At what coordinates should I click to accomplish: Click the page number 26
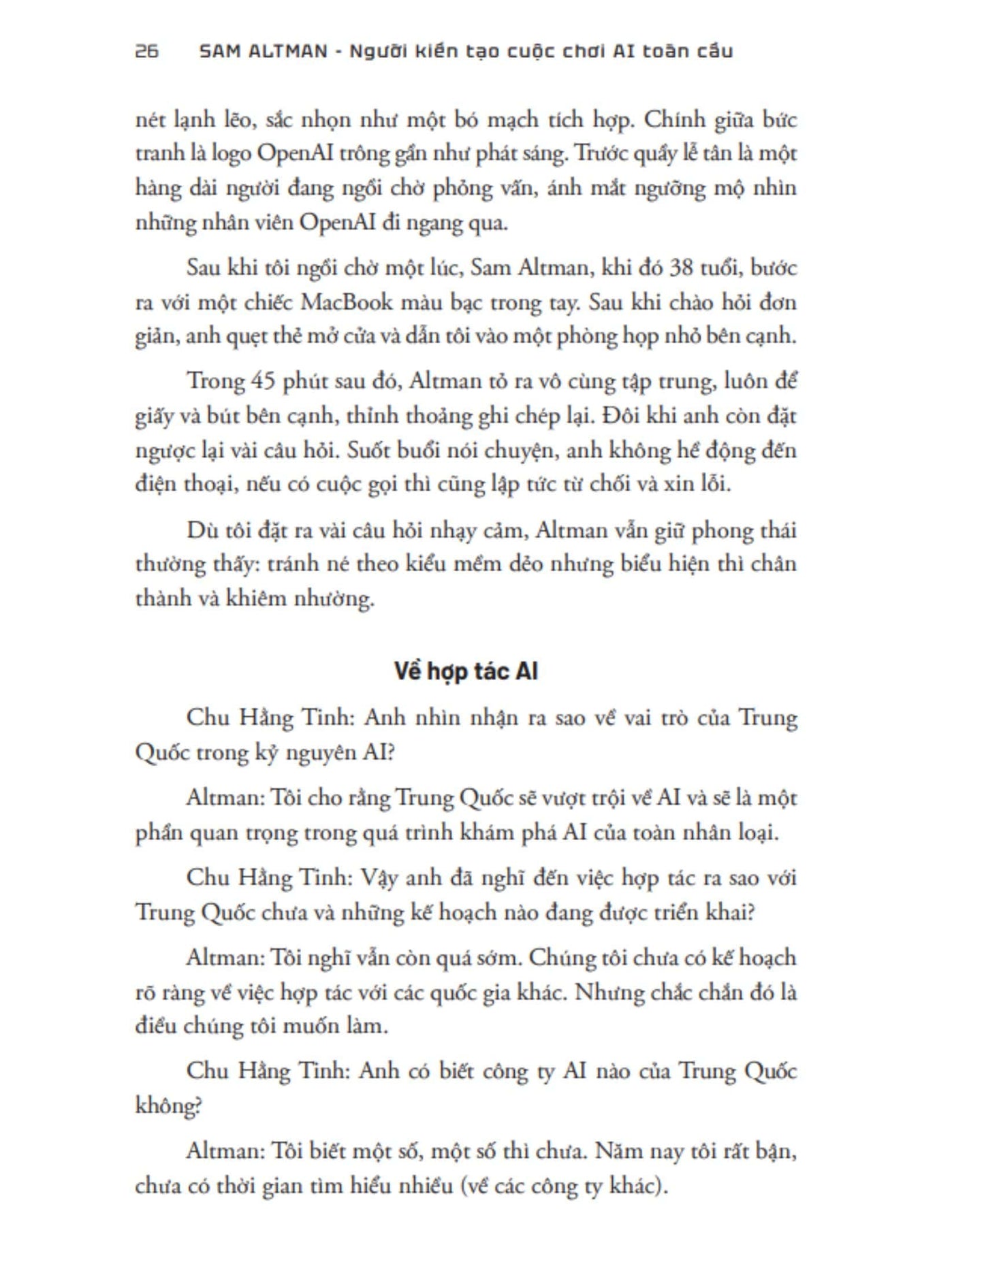click(146, 51)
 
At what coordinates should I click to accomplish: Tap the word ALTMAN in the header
click(286, 51)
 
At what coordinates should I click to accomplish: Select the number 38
click(681, 267)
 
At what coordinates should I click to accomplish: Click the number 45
click(262, 381)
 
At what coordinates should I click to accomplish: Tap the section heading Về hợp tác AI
click(466, 671)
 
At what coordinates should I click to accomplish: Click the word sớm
click(500, 958)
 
